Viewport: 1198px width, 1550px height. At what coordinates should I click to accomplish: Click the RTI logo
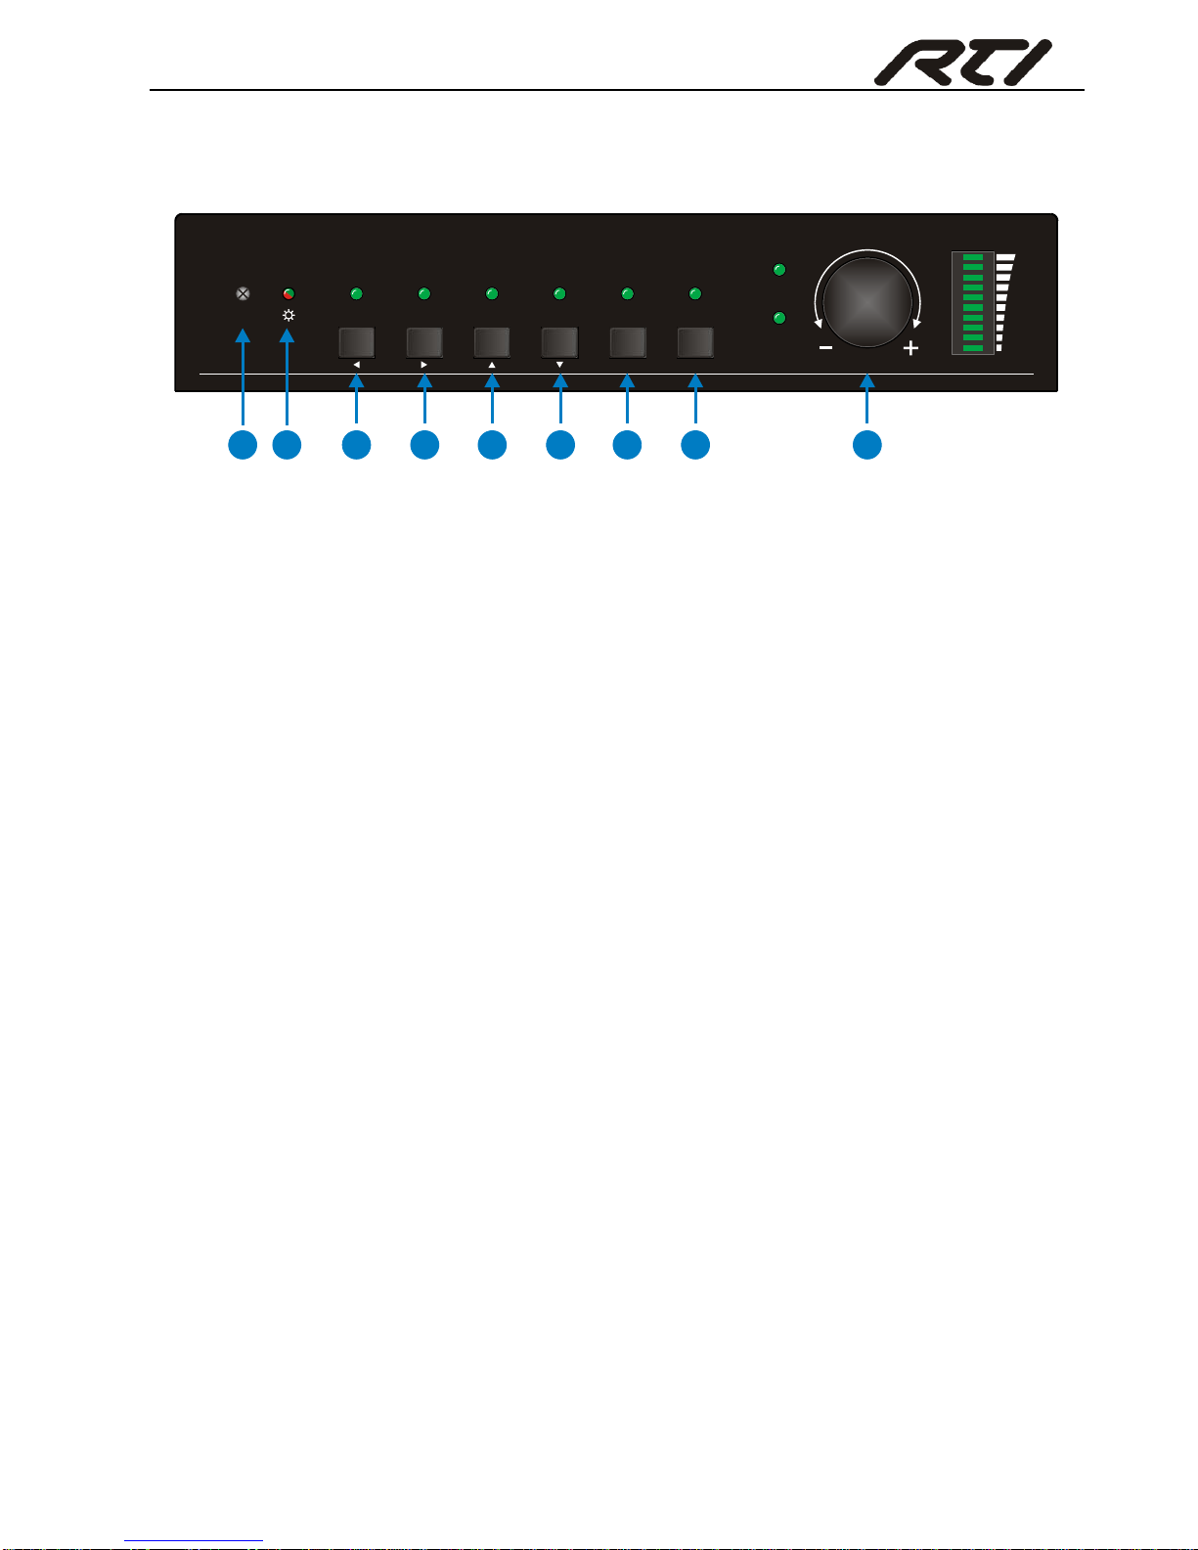pos(962,63)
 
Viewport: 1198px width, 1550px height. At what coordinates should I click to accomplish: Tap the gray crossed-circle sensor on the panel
pos(243,292)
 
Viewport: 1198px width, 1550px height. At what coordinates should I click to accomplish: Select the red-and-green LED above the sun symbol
pos(288,293)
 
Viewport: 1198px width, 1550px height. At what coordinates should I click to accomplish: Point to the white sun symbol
pos(288,316)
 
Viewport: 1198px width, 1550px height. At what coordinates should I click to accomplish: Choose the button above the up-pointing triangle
pos(492,342)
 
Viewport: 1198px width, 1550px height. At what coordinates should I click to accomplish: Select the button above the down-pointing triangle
pos(559,342)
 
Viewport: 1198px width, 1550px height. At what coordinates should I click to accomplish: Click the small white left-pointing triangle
pos(356,365)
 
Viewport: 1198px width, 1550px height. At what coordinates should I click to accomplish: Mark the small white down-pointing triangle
pos(559,365)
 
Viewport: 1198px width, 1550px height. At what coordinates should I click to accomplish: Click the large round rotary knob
pos(867,302)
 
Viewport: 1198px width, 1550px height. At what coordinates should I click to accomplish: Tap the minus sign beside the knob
pos(826,348)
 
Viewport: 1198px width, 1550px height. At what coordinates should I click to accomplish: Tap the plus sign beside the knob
pos(910,348)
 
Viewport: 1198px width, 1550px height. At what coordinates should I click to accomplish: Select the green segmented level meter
pos(973,303)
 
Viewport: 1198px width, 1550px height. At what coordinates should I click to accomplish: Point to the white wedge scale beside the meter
pos(1004,302)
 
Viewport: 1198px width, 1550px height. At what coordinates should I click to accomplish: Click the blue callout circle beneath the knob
pos(866,445)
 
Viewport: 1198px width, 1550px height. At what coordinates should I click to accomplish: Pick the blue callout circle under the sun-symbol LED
pos(287,445)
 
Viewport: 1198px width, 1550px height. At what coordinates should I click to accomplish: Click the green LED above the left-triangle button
pos(357,293)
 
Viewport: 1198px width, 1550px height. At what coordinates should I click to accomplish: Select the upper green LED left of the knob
pos(779,269)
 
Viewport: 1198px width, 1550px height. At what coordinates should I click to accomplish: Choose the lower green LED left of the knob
pos(779,318)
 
